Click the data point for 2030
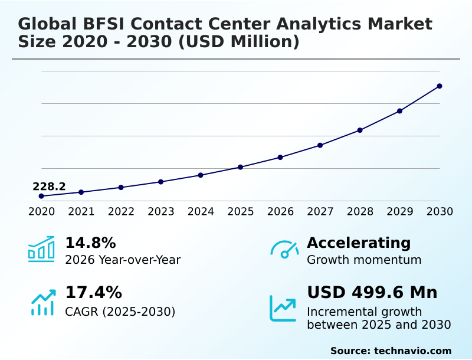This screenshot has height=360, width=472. click(440, 86)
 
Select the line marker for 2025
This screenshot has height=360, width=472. click(241, 167)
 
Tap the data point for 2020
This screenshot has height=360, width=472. click(41, 196)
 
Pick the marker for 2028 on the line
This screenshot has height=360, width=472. click(360, 130)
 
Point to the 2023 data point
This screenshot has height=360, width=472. click(161, 182)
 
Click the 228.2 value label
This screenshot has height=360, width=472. click(49, 186)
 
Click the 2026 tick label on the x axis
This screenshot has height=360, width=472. click(280, 212)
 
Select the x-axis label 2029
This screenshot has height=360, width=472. click(400, 212)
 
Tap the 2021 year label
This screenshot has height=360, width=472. click(81, 212)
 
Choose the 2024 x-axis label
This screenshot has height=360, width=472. click(201, 212)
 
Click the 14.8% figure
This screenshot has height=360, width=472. click(90, 243)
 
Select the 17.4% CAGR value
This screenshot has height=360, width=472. click(93, 293)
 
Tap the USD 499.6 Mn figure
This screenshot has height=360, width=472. click(372, 293)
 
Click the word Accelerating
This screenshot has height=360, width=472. click(359, 243)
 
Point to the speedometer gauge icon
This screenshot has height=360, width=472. click(284, 250)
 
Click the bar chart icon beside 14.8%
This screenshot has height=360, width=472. click(41, 249)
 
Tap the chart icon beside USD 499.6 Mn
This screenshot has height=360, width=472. click(283, 307)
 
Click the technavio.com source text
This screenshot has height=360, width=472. click(412, 351)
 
